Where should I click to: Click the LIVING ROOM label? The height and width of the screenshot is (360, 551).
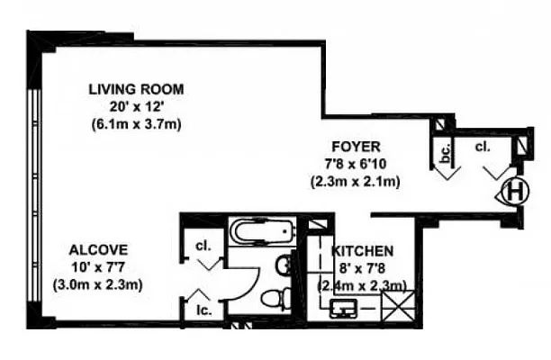coord(136,88)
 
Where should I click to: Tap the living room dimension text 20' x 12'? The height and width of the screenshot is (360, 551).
coord(136,105)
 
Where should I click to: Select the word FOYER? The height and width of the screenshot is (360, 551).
coord(356,146)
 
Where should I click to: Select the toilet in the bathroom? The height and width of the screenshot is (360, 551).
coord(274,298)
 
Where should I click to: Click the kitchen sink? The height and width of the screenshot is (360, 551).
coord(345,309)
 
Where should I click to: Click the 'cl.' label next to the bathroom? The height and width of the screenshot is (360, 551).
coord(203,246)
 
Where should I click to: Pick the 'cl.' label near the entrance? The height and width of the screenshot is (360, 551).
coord(483,148)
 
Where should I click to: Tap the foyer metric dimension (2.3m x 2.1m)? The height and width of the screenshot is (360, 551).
coord(356,181)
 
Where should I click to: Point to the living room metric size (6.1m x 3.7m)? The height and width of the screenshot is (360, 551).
coord(136,123)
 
